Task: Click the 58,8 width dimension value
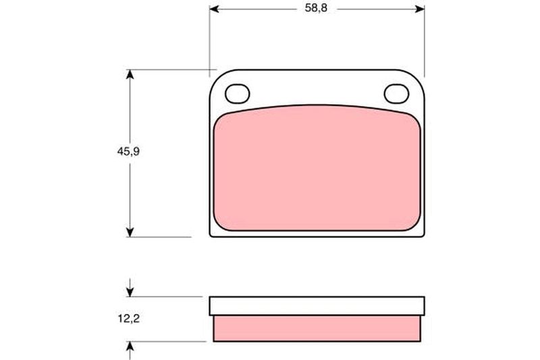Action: point(316,8)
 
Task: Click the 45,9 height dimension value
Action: point(128,151)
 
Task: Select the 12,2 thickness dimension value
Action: point(129,319)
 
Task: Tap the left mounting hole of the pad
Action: point(238,94)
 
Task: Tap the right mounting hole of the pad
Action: point(396,94)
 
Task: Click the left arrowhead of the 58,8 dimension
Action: point(214,9)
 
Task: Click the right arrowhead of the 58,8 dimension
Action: point(420,9)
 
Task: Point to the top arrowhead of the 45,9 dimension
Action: point(130,74)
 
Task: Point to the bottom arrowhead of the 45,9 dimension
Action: point(130,232)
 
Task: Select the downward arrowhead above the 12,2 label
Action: point(130,292)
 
